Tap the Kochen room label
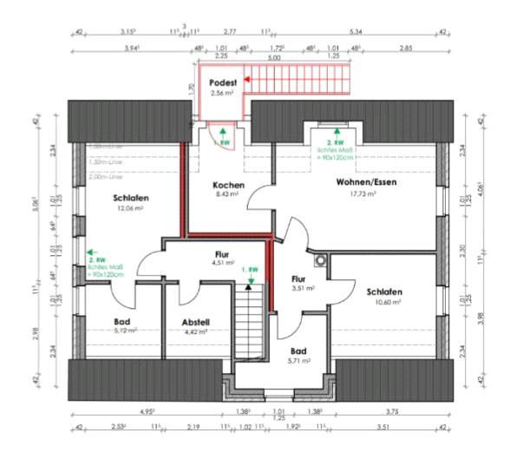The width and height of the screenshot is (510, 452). (x=228, y=186)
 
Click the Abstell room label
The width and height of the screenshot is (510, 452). (x=195, y=323)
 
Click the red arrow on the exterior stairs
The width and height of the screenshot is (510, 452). (x=248, y=79)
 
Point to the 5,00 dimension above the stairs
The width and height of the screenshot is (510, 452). (x=274, y=57)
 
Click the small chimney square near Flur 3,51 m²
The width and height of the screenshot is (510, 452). (x=323, y=259)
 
